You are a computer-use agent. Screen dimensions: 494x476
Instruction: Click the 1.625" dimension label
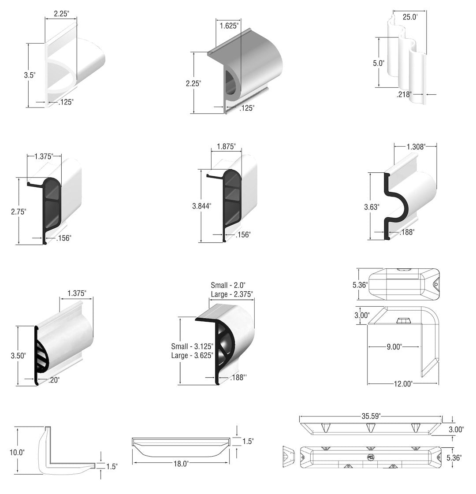click(x=230, y=26)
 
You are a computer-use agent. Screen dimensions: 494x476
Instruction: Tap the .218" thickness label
click(x=404, y=94)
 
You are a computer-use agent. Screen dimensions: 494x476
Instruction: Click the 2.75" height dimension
click(x=19, y=211)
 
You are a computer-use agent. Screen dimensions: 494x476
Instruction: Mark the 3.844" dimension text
click(x=201, y=205)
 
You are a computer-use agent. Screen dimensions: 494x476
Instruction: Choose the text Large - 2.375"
click(x=232, y=294)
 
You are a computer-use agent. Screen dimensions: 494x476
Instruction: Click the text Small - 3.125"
click(x=193, y=346)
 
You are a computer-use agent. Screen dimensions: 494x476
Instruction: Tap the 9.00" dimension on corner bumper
click(x=394, y=347)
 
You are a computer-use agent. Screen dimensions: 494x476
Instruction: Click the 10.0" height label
click(x=18, y=452)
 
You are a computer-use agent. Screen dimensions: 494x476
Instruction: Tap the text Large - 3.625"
click(x=193, y=355)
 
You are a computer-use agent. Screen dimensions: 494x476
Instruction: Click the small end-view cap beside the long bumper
click(x=288, y=456)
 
